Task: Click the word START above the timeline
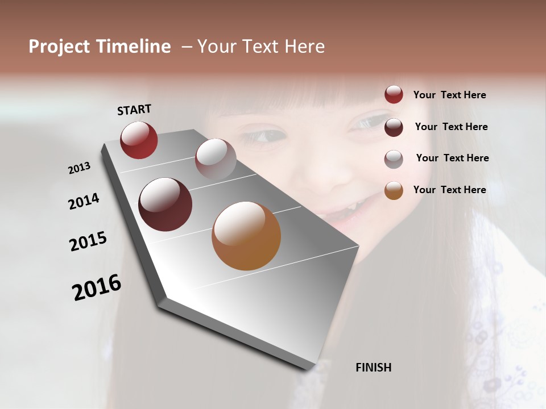point(134,110)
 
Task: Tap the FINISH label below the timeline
point(374,368)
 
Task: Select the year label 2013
point(80,168)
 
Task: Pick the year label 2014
point(84,201)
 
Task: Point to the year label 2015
point(88,241)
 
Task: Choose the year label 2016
point(97,287)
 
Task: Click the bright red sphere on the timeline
point(139,140)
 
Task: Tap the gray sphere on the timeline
point(216,159)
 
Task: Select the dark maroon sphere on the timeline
point(165,204)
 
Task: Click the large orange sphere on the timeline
point(246,236)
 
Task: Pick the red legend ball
point(394,94)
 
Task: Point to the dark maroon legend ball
point(394,127)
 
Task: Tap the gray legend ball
point(394,159)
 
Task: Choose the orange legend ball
point(394,191)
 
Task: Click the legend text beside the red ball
point(449,95)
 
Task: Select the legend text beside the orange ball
point(449,190)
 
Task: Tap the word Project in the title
point(59,47)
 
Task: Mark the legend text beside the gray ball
point(452,158)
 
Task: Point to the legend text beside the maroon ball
point(451,127)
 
